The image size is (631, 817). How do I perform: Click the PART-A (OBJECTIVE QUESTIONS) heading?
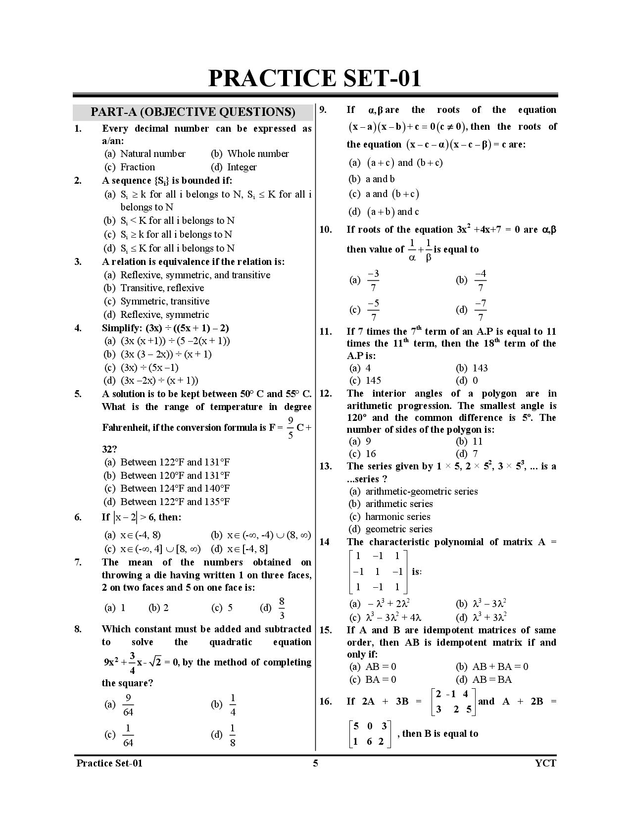[x=193, y=112]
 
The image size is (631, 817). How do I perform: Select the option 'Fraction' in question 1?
[x=137, y=167]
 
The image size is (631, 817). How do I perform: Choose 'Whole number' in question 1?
[x=257, y=154]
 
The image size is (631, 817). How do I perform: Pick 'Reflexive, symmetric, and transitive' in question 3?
[x=195, y=275]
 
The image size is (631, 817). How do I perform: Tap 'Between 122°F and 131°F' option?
[x=175, y=462]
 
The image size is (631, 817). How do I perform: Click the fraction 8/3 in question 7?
[x=282, y=609]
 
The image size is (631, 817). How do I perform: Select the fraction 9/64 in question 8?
[x=128, y=705]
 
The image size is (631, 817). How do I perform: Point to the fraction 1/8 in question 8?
[x=233, y=735]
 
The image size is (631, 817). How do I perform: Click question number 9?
[x=323, y=110]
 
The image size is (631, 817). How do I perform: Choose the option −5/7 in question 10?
[x=373, y=310]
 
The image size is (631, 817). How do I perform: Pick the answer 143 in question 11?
[x=480, y=368]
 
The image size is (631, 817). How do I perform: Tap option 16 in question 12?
[x=371, y=454]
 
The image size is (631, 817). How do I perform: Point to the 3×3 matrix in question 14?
[x=377, y=572]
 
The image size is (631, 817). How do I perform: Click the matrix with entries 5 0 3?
[x=370, y=734]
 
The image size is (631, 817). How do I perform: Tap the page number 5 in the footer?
[x=315, y=763]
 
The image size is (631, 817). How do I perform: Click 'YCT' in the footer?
[x=545, y=763]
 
